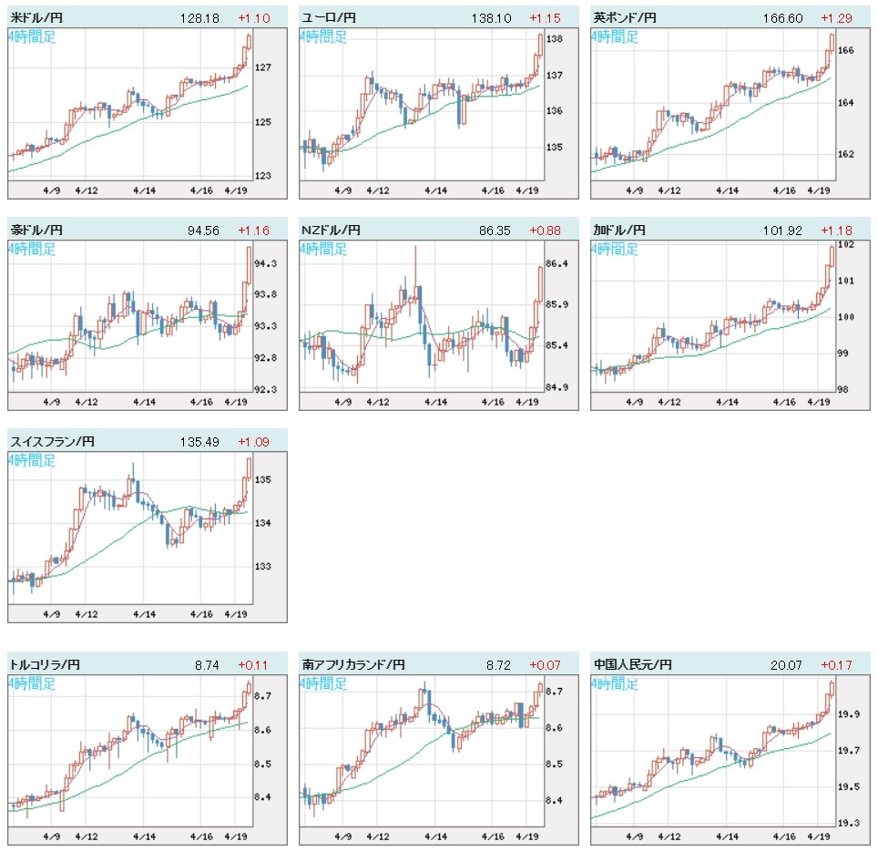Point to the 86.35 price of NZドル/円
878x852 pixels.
click(x=495, y=230)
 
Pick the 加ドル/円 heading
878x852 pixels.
click(x=618, y=230)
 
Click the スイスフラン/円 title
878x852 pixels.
click(x=52, y=442)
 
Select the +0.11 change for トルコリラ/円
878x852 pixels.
click(x=252, y=666)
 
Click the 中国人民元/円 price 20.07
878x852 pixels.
click(x=785, y=666)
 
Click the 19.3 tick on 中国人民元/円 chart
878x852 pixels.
click(x=845, y=823)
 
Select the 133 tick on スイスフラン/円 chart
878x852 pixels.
click(x=263, y=566)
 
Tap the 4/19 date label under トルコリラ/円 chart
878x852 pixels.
click(x=236, y=836)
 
